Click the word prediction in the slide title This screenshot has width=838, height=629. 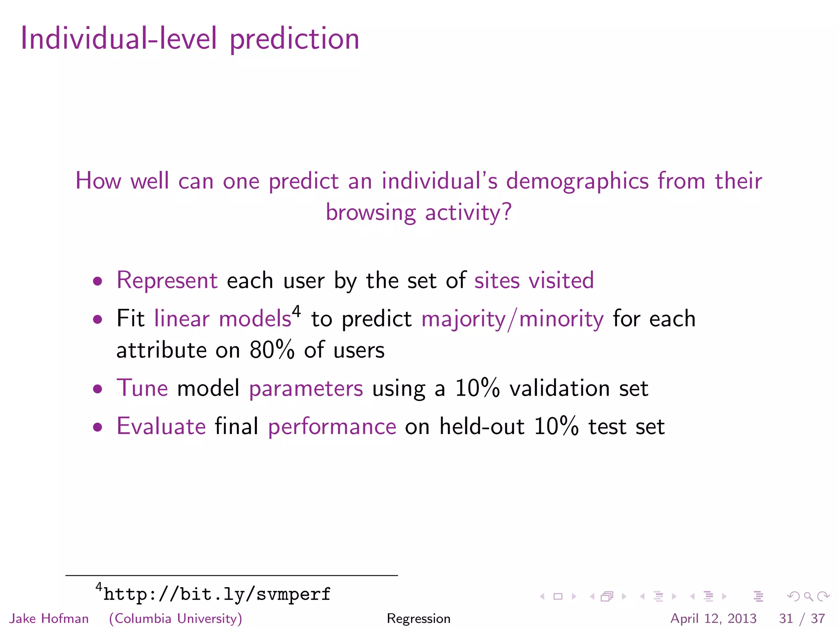click(x=294, y=39)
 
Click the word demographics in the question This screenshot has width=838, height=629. click(x=577, y=181)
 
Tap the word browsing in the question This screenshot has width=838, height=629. click(x=371, y=213)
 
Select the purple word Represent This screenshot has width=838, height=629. click(x=167, y=281)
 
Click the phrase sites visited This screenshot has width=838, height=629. click(x=534, y=281)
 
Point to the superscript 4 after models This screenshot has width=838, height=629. click(x=296, y=312)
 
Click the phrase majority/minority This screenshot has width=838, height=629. click(x=512, y=319)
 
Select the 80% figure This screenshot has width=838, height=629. click(x=272, y=351)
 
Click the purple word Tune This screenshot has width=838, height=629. click(x=142, y=388)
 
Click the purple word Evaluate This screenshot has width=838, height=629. click(x=161, y=427)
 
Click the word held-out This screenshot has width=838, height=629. click(x=482, y=427)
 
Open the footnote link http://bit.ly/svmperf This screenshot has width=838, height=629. click(x=217, y=594)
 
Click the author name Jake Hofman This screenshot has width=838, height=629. click(x=49, y=618)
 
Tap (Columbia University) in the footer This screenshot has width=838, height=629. click(x=176, y=618)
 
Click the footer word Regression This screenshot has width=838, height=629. click(x=419, y=618)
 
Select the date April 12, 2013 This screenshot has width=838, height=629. click(x=713, y=618)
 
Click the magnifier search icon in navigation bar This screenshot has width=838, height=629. click(x=808, y=597)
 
